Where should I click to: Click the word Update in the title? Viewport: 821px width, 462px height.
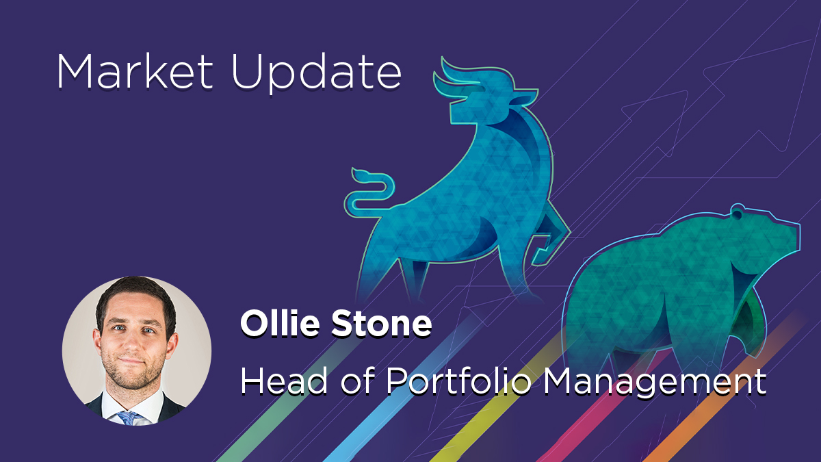[x=317, y=73]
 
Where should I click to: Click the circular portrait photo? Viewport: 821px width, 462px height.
[x=137, y=350]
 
